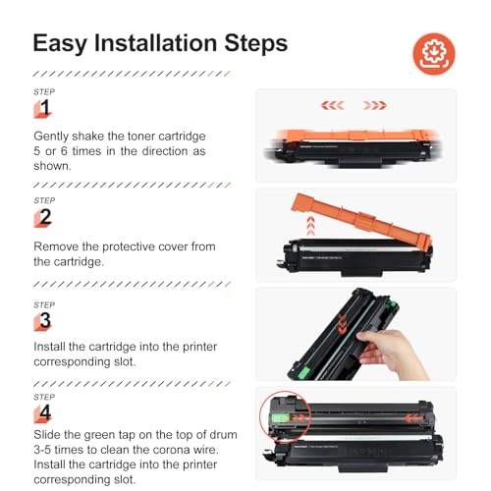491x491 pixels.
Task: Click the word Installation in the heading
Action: pos(155,43)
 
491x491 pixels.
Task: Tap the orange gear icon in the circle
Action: pos(434,54)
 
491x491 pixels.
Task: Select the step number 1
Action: pos(44,108)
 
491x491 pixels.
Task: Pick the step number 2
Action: pos(45,217)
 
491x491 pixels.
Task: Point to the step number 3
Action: pos(45,320)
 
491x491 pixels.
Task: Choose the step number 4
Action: pos(45,412)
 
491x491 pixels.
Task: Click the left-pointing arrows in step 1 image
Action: pos(333,105)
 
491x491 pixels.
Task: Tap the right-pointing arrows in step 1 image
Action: pos(375,105)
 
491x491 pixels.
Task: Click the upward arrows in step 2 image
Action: pos(310,225)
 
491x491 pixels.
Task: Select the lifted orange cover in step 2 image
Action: pos(361,220)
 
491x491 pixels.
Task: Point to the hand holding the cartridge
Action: pos(391,354)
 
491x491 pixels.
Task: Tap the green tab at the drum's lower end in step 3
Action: pos(304,372)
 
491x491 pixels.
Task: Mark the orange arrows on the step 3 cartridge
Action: pos(343,324)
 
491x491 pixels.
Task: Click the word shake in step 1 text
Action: pos(87,136)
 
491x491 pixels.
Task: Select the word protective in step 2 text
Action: pos(129,246)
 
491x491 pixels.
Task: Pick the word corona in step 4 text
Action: pos(173,450)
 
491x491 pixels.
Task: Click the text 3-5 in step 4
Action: pos(42,450)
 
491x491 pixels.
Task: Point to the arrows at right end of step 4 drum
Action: pos(414,418)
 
